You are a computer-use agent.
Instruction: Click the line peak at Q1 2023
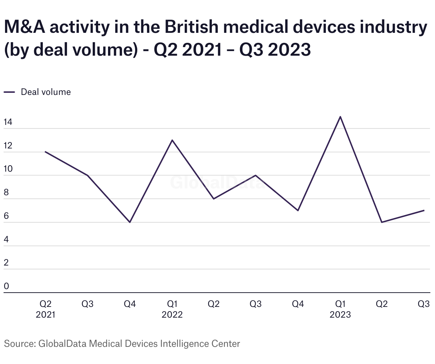click(x=340, y=117)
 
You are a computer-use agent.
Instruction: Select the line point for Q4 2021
click(x=130, y=222)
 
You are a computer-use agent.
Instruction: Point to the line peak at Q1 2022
click(x=172, y=140)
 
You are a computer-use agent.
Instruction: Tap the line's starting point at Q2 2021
click(x=45, y=152)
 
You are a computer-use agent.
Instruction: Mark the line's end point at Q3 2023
click(x=424, y=211)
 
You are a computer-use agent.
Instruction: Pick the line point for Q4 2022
click(x=298, y=211)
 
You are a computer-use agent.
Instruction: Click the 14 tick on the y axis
click(x=8, y=122)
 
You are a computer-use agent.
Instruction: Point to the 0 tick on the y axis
click(x=6, y=286)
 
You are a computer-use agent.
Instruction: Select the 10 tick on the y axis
click(x=8, y=169)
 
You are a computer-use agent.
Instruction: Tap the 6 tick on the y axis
click(x=6, y=216)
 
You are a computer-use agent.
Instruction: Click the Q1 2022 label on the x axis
click(x=172, y=309)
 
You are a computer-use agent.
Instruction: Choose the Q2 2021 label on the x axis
click(x=45, y=309)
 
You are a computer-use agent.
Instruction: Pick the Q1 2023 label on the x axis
click(x=340, y=309)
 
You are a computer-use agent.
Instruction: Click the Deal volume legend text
click(x=46, y=92)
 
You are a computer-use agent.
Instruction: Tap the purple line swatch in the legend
click(x=9, y=92)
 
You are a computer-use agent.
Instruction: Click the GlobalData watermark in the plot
click(x=217, y=182)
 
